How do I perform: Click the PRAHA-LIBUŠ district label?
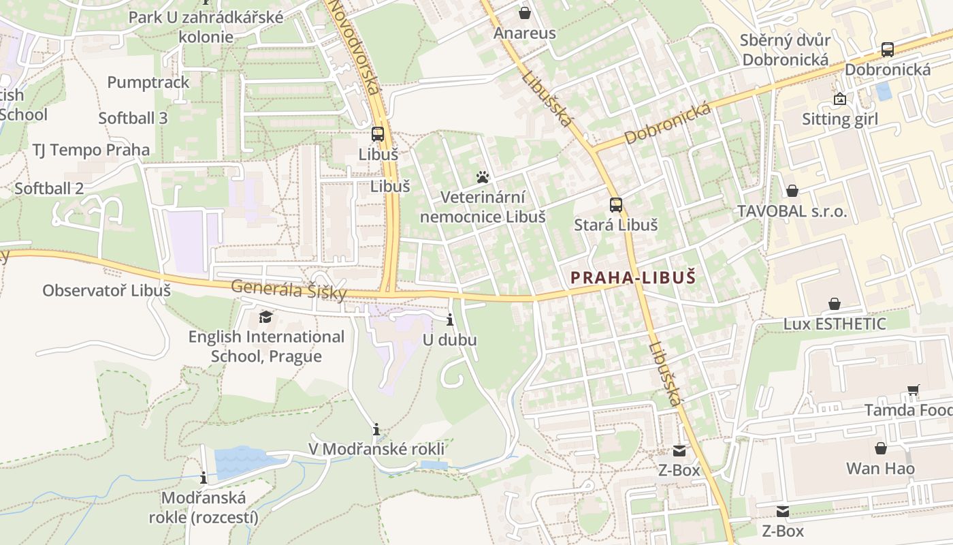pyautogui.click(x=633, y=278)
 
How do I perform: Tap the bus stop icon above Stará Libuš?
pyautogui.click(x=616, y=204)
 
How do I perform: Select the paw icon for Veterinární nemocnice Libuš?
pyautogui.click(x=483, y=178)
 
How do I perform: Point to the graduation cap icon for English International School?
pyautogui.click(x=265, y=317)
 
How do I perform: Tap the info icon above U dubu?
pyautogui.click(x=449, y=320)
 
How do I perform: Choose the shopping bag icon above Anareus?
pyautogui.click(x=524, y=13)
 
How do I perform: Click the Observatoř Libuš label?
pyautogui.click(x=106, y=290)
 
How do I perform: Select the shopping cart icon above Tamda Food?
pyautogui.click(x=913, y=390)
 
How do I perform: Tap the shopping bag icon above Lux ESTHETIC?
pyautogui.click(x=834, y=304)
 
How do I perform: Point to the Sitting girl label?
pyautogui.click(x=840, y=119)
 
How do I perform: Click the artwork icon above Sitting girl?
pyautogui.click(x=840, y=99)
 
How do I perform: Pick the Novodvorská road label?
pyautogui.click(x=355, y=48)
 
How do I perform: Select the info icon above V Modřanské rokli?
pyautogui.click(x=376, y=429)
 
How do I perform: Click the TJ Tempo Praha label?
pyautogui.click(x=91, y=150)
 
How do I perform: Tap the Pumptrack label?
pyautogui.click(x=148, y=82)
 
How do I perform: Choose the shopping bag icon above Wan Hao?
pyautogui.click(x=880, y=448)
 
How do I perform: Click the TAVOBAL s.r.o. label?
pyautogui.click(x=792, y=211)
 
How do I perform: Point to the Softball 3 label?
pyautogui.click(x=133, y=118)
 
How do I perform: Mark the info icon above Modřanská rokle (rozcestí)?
pyautogui.click(x=204, y=478)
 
